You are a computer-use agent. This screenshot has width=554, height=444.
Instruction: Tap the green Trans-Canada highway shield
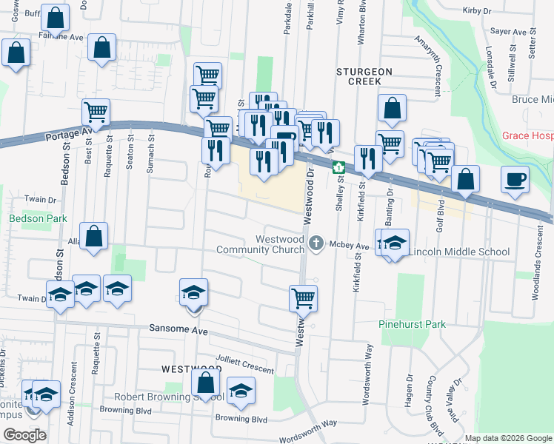(338, 167)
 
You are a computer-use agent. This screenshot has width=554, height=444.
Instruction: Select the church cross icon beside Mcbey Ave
(317, 243)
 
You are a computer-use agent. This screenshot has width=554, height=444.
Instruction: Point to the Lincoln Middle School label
(459, 252)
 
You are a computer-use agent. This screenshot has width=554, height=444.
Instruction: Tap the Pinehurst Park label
(412, 324)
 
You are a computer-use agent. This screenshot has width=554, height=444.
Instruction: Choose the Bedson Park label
(38, 218)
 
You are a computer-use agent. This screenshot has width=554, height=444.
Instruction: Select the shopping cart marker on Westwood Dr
(303, 298)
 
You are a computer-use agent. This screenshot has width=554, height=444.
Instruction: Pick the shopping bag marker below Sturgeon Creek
(392, 107)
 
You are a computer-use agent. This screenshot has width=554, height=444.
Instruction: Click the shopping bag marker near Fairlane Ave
(102, 47)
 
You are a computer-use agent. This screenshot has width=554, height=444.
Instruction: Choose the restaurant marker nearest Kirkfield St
(367, 158)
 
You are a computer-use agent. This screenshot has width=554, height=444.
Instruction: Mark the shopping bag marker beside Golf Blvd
(465, 178)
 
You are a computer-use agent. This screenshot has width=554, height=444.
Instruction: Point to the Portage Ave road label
(67, 135)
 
